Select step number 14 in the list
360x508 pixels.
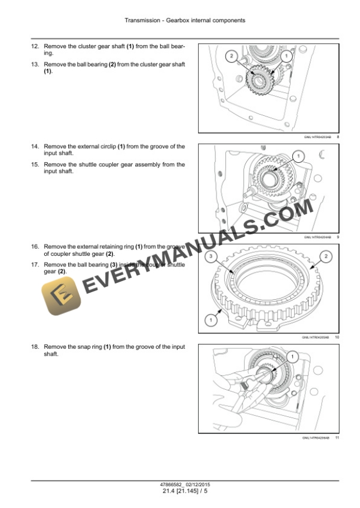pos(35,146)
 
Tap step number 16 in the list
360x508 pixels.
pos(35,246)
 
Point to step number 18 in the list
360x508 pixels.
pos(35,347)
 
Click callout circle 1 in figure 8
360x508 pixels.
pos(286,56)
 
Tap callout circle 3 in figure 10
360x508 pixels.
pos(211,256)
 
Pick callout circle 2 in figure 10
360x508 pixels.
pos(326,256)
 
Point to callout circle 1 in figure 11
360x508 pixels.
pos(291,356)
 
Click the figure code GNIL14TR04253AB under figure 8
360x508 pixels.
pos(317,137)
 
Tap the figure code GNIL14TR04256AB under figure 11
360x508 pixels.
pos(317,437)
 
